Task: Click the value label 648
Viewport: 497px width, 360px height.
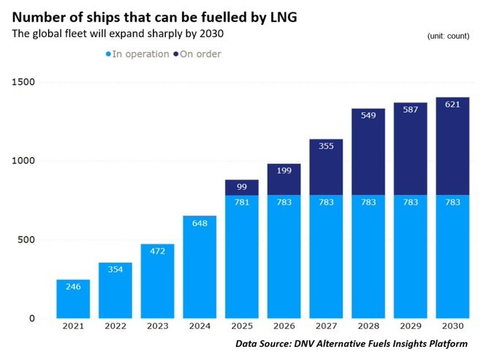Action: point(200,223)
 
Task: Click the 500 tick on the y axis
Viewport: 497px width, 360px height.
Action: point(27,240)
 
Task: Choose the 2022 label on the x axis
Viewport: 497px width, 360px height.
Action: point(115,328)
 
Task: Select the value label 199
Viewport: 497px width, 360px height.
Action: point(285,171)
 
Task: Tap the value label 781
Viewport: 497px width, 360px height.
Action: point(243,202)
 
